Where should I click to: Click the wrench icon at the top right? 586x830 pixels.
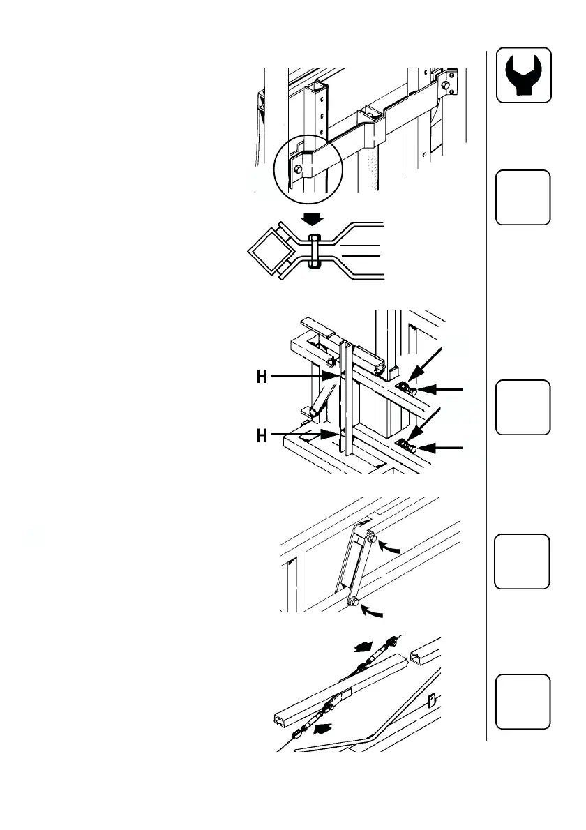(x=523, y=75)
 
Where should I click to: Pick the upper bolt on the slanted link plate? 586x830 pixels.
(x=372, y=538)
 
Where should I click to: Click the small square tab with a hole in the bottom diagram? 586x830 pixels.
(x=430, y=697)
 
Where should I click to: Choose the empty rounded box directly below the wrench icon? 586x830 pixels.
(x=523, y=197)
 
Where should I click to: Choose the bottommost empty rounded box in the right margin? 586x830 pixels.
(x=523, y=701)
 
